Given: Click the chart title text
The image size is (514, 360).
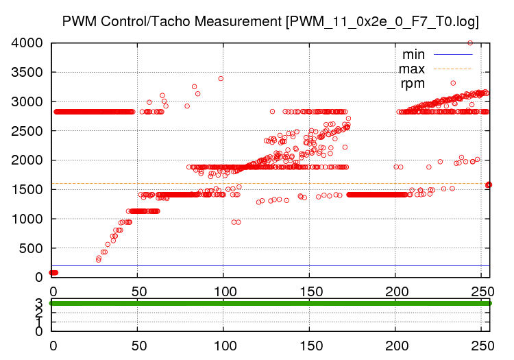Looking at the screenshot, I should pos(270,21).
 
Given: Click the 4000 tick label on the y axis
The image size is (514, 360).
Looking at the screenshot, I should pos(28,43).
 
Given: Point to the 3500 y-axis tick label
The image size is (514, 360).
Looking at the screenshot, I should pos(28,73).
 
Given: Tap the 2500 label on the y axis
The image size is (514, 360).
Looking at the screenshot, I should pos(28,131).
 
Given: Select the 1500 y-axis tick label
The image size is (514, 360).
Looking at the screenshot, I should pos(28,189).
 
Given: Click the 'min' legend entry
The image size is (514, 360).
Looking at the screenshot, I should pos(413,54).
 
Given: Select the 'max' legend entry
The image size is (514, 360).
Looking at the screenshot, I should pos(412,69).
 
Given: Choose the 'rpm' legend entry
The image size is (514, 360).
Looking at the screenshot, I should pos(413,84).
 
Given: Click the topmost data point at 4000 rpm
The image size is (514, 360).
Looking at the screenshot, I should pos(470,43).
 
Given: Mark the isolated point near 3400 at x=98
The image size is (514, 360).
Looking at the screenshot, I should pos(221,78).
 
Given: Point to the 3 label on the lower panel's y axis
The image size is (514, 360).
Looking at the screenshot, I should pos(39,303).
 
